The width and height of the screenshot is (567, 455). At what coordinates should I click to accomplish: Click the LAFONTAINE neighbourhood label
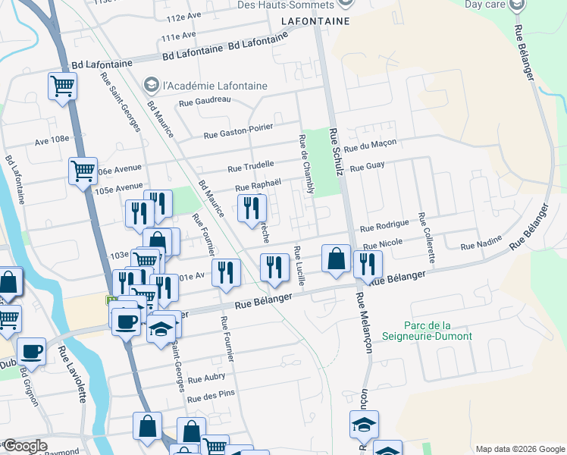(316, 21)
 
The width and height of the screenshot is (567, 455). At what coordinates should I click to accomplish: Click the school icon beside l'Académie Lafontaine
(151, 83)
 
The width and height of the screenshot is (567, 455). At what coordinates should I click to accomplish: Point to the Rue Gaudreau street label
(205, 102)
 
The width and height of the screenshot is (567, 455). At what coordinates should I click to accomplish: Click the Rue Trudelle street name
(250, 165)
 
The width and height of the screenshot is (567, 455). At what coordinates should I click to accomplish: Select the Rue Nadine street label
(481, 245)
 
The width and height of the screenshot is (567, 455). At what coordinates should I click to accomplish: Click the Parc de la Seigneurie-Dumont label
(427, 331)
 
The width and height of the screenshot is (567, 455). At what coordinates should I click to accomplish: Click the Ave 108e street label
(52, 139)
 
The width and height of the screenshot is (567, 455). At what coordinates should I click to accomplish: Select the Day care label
(484, 4)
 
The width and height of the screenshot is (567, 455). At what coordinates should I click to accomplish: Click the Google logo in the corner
(26, 446)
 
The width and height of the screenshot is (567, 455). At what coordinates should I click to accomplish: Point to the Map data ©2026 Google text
(519, 449)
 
